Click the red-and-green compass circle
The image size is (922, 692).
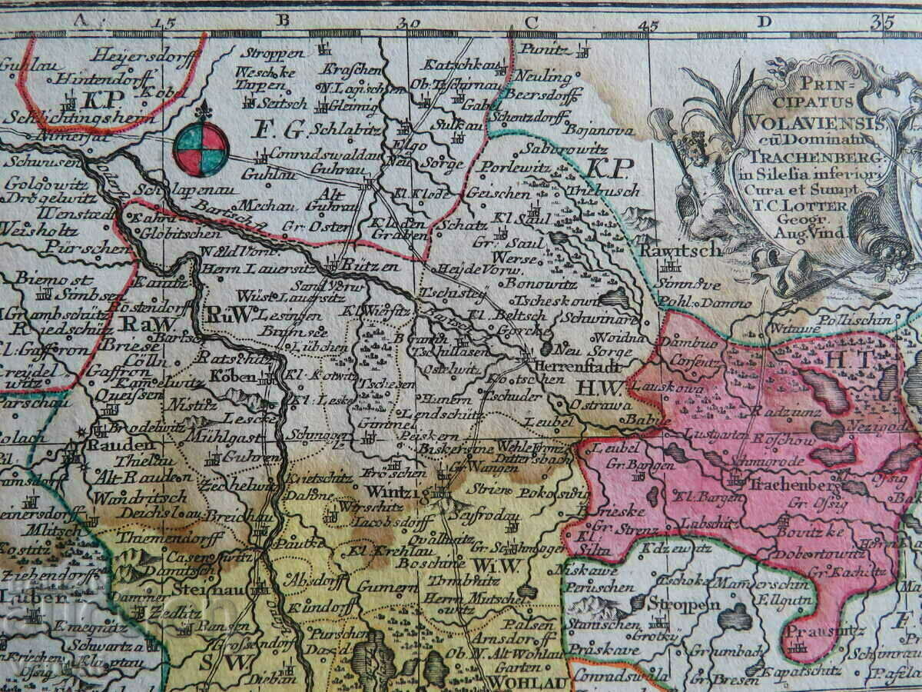tap(201, 148)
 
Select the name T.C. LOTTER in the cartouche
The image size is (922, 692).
tap(817, 206)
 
